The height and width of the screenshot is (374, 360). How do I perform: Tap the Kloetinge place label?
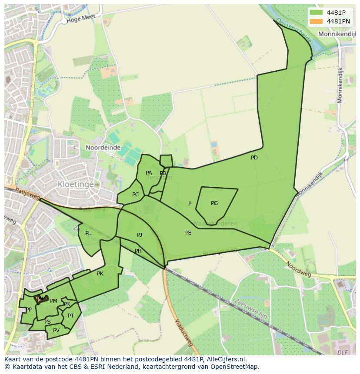point(76,184)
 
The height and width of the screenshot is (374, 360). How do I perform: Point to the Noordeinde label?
point(103,148)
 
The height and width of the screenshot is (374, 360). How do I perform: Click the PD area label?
point(254,158)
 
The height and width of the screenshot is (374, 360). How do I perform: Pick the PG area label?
point(214,203)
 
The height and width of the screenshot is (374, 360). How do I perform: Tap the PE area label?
point(188,233)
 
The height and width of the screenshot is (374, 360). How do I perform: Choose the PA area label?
point(149,173)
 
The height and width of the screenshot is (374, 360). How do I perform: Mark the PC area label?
point(135,195)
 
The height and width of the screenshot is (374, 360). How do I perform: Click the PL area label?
point(88,233)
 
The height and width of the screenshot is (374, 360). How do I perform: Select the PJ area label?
point(140,235)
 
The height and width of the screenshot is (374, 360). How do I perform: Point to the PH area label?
point(138,251)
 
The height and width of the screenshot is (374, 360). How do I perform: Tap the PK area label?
point(100,274)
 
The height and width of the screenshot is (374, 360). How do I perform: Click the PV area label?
point(56,331)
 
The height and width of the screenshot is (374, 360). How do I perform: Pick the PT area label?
point(71,316)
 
